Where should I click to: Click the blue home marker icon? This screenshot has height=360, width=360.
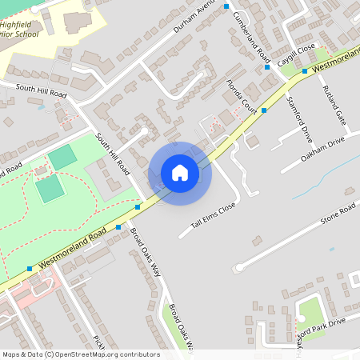point(180,172)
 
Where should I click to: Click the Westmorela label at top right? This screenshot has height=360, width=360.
point(336,63)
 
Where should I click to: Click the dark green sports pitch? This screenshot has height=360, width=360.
point(62,158)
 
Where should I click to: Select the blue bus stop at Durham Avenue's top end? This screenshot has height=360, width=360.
point(226,6)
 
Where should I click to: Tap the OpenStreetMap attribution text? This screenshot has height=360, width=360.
point(80,354)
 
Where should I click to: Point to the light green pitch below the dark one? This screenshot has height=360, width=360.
point(50,189)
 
